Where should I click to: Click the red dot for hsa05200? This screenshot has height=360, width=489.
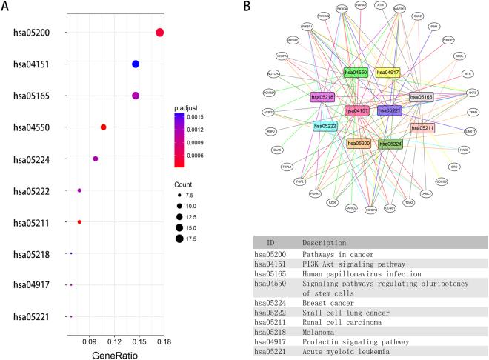click(x=160, y=32)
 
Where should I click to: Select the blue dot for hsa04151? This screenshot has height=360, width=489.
click(x=136, y=64)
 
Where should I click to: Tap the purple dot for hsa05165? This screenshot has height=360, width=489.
click(x=136, y=96)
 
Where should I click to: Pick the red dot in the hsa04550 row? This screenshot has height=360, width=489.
click(x=103, y=127)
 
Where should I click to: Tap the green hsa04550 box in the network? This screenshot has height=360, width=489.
click(x=356, y=73)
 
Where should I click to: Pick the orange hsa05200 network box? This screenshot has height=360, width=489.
click(x=359, y=142)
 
